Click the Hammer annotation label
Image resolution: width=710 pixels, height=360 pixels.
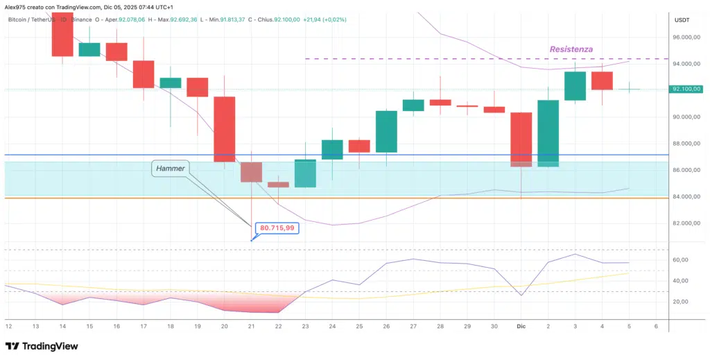coord(170,168)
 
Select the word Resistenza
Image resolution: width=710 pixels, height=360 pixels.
coord(571,49)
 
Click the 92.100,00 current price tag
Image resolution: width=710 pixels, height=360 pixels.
coord(687,89)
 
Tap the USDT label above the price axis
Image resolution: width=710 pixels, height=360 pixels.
coord(683,20)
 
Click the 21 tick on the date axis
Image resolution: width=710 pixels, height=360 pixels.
coord(251,326)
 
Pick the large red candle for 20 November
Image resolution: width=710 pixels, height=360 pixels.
coord(224,129)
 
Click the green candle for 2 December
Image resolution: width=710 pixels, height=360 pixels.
coord(548,133)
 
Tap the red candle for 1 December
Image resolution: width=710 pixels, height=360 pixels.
coord(521,139)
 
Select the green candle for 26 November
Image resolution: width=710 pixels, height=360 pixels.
coord(386,132)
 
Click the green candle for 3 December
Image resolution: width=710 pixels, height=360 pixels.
coord(575,86)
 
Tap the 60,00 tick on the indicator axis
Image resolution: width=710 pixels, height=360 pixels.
coord(682,259)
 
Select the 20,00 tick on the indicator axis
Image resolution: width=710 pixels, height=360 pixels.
coord(682,302)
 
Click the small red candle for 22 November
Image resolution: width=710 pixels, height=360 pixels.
coord(278,185)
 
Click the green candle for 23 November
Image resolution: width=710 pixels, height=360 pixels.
coord(305,173)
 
